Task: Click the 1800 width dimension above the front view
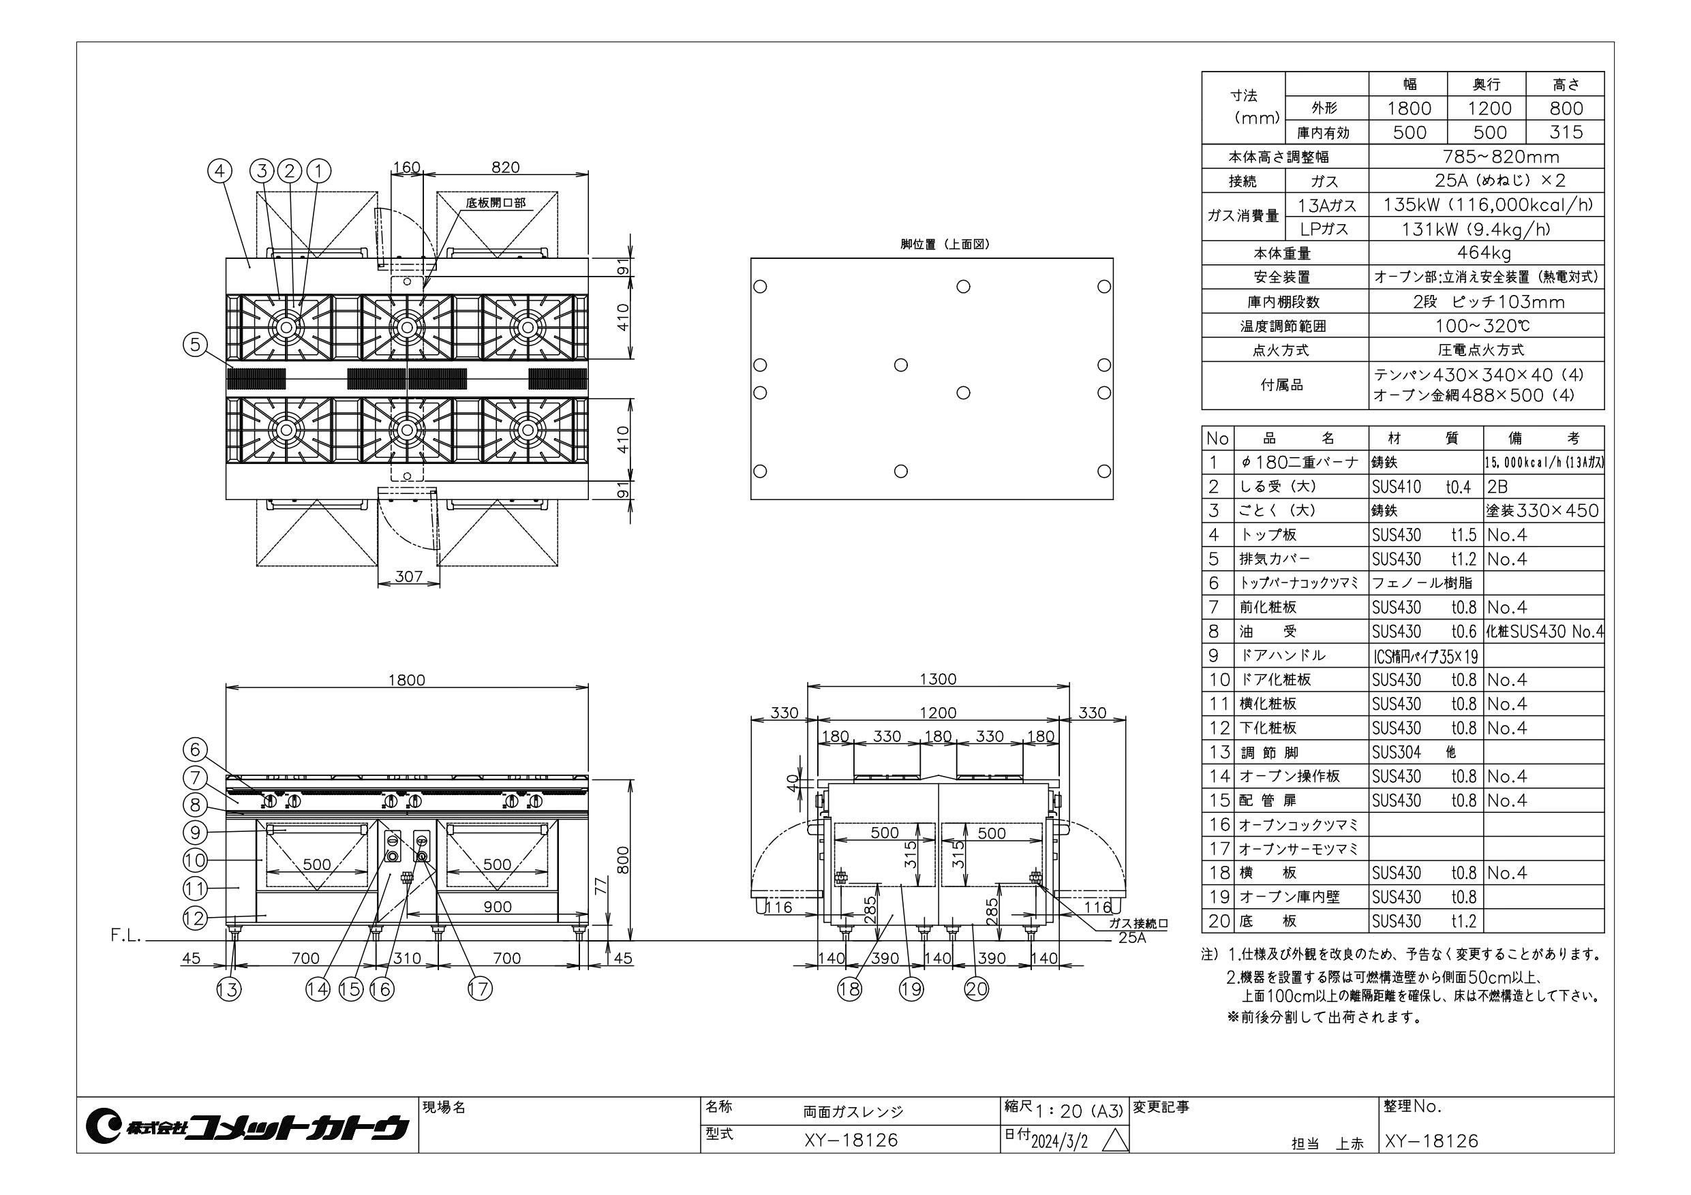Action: tap(406, 679)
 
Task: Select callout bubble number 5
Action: tap(195, 345)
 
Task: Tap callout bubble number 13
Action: tap(228, 989)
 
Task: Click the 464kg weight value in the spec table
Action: tap(1484, 253)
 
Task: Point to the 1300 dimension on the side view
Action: tap(939, 679)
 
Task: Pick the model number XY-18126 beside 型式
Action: tap(851, 1140)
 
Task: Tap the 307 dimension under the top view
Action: tap(408, 576)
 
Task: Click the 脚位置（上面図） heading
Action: tap(945, 245)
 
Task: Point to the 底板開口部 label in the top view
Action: tap(496, 202)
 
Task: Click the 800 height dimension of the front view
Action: tap(623, 858)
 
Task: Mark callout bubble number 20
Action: tap(977, 989)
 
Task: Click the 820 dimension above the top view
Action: tap(505, 167)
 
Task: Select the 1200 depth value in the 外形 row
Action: tap(1490, 109)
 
